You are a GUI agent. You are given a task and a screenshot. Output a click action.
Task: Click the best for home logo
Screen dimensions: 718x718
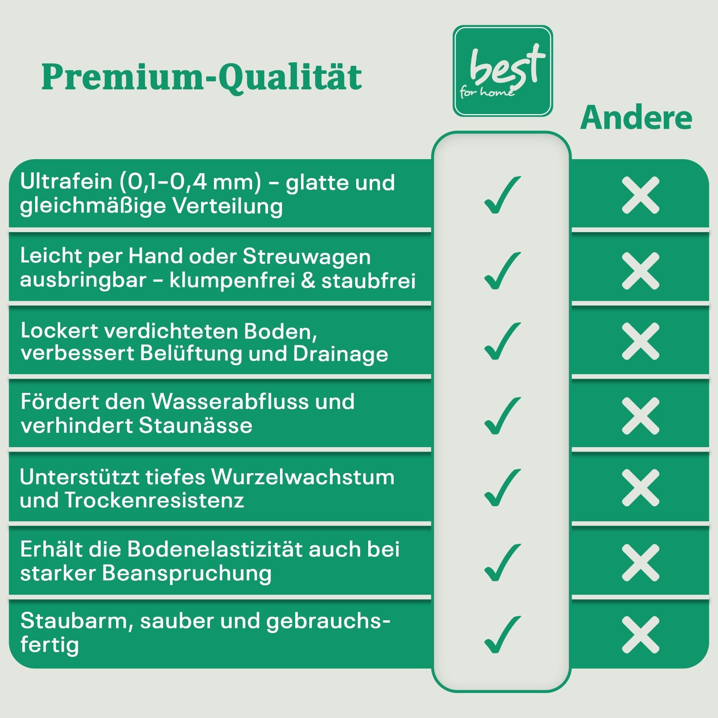(503, 71)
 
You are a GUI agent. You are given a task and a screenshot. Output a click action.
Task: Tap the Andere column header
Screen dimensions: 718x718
(636, 118)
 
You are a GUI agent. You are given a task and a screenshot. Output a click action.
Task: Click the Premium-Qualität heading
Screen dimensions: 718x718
(201, 77)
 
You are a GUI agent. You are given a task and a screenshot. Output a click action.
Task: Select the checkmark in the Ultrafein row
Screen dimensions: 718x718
(502, 195)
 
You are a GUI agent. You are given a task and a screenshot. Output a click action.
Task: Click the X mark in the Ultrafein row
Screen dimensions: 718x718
(641, 195)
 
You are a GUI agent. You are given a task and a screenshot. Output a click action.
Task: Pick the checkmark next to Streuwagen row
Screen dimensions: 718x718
(502, 270)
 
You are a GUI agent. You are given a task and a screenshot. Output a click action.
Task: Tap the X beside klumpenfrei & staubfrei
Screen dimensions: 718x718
(641, 271)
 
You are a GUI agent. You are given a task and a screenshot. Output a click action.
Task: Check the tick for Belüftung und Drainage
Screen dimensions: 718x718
(502, 341)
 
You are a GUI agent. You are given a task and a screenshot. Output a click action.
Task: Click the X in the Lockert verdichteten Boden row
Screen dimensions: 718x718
(641, 341)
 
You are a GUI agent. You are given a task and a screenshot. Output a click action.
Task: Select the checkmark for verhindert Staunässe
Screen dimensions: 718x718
(502, 416)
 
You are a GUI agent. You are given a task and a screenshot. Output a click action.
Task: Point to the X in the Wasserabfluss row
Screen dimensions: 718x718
(641, 416)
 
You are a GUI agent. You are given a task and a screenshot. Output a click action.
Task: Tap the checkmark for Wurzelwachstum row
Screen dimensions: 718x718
(502, 487)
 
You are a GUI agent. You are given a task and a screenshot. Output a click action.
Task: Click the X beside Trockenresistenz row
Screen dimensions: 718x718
(641, 487)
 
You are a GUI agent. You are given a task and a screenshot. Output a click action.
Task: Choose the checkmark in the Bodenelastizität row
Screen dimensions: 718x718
(502, 562)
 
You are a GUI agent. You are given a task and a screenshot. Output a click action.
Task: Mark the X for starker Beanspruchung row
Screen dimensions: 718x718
(641, 563)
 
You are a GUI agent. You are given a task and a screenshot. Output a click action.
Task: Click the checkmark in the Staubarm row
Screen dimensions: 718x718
(502, 635)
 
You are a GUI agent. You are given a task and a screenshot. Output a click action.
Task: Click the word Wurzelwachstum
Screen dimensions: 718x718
(303, 477)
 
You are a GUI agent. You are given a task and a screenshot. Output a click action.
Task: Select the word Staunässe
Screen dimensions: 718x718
(196, 426)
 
